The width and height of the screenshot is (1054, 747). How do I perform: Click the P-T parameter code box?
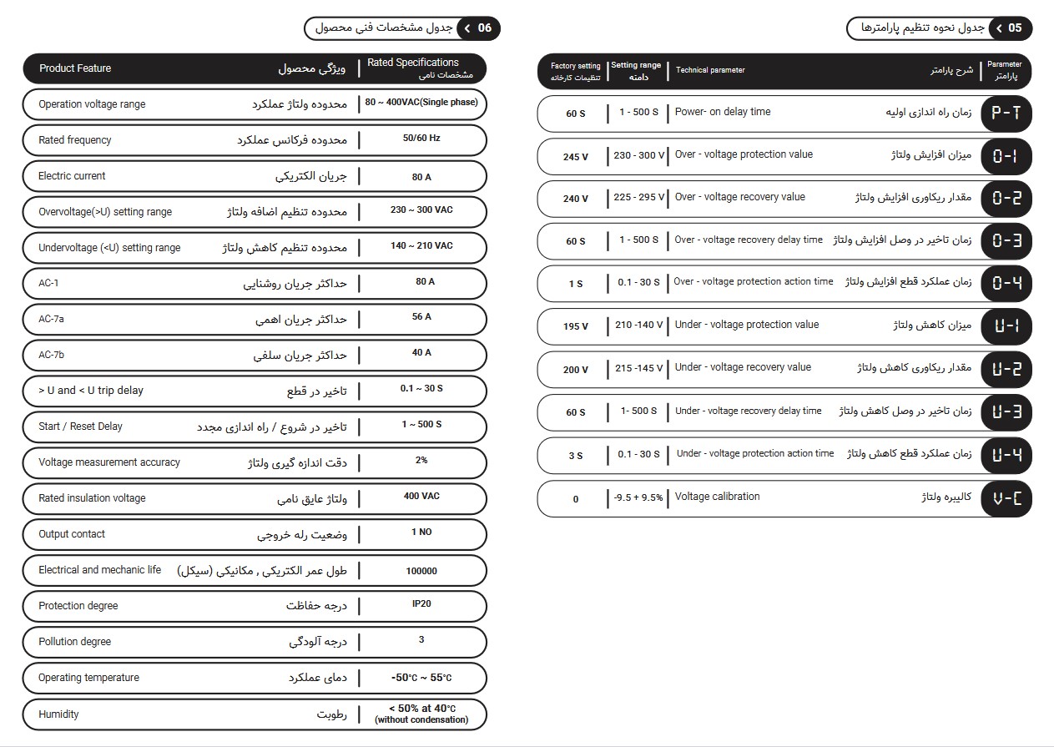[x=1005, y=114]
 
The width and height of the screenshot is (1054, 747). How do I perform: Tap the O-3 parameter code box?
[x=1005, y=241]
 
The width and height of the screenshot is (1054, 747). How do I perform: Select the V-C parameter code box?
[x=1005, y=499]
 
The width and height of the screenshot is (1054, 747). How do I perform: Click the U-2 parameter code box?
[x=1005, y=369]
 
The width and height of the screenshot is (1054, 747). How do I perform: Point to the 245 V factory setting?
[x=575, y=157]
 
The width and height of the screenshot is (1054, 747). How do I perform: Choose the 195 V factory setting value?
[x=575, y=326]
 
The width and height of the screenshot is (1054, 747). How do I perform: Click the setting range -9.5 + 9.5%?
[x=638, y=497]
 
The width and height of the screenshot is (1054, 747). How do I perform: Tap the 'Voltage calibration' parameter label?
[x=717, y=497]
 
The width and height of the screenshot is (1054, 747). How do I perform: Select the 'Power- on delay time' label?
[x=723, y=112]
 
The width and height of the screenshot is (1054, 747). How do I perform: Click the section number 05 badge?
[x=1014, y=28]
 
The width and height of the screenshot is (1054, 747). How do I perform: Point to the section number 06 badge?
[x=484, y=28]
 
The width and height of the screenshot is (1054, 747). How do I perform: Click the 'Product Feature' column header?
[x=75, y=68]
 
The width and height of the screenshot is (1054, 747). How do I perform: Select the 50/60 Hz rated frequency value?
[x=421, y=139]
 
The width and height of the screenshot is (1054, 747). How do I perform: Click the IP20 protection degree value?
[x=421, y=603]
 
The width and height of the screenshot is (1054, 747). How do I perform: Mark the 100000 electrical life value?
[x=421, y=571]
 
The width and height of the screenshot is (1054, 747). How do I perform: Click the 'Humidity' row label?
[x=58, y=714]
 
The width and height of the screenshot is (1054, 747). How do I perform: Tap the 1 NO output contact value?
[x=421, y=532]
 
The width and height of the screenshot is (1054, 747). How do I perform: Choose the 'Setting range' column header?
[x=636, y=65]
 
